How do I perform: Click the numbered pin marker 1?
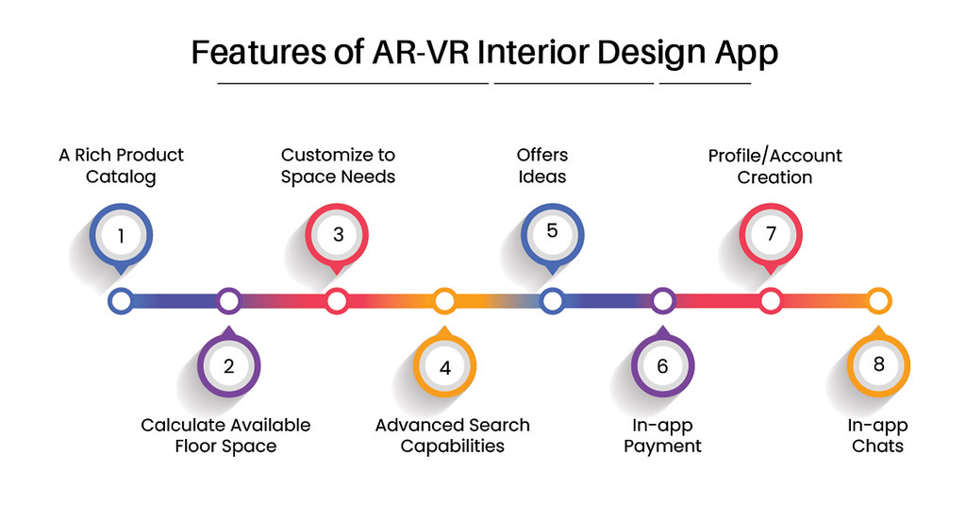pos(121,235)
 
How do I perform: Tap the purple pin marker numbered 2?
pos(228,364)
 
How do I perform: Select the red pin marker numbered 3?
pos(338,235)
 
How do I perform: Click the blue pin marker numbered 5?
pos(553,232)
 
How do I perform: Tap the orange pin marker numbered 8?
pos(878,364)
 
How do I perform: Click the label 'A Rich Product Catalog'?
pos(121,165)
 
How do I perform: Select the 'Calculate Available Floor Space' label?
pos(225,435)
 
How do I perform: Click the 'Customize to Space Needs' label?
pos(338,165)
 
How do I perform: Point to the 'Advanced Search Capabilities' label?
pos(452,435)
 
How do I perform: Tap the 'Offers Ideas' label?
pos(542,165)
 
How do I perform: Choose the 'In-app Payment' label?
pos(662,435)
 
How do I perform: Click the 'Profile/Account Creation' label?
pos(774,165)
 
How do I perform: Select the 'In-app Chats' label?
pos(877,435)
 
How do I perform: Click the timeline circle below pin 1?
pos(120,301)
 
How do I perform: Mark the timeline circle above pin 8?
pos(878,301)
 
